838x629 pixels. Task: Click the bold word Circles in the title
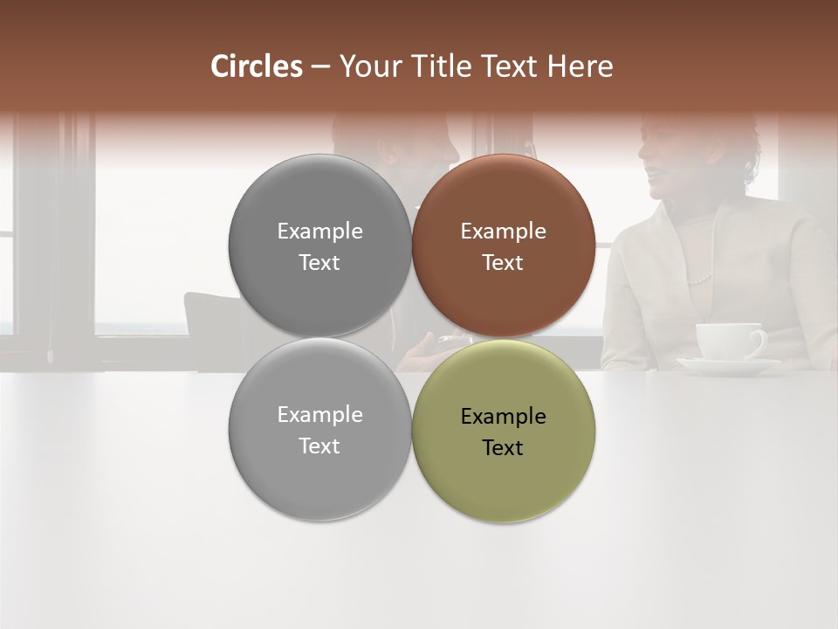tap(257, 66)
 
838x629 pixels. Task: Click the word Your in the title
tap(370, 66)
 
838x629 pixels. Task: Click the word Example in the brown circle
tap(503, 232)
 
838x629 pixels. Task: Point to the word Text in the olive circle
tap(503, 448)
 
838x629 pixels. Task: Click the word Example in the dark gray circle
tap(319, 232)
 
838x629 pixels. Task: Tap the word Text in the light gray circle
tap(319, 446)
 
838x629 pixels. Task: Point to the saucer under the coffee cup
tap(728, 365)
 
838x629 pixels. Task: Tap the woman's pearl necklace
tap(700, 280)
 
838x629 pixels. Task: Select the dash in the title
tap(320, 67)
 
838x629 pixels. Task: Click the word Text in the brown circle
tap(503, 263)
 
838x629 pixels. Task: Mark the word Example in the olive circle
tap(503, 417)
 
